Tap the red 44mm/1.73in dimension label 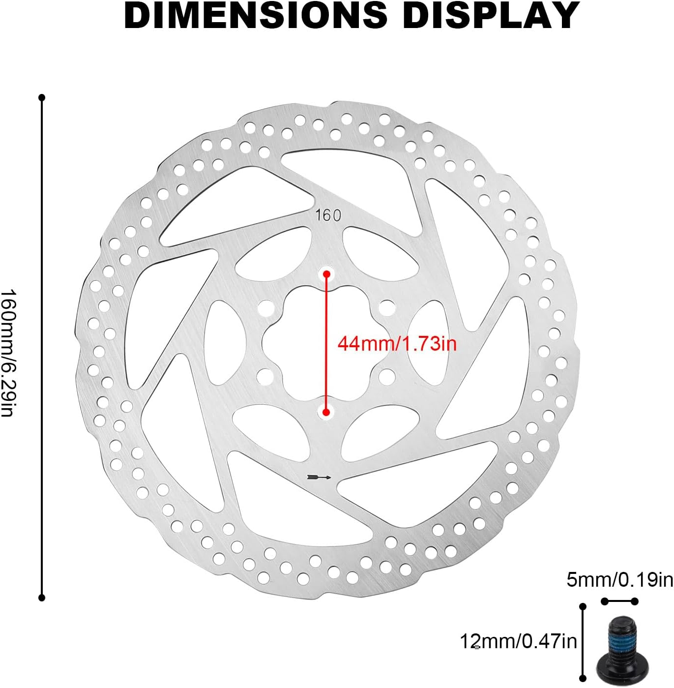coord(397,343)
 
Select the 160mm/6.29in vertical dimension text coord(8,353)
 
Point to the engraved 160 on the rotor coord(328,215)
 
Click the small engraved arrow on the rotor coord(319,477)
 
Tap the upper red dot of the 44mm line coord(326,274)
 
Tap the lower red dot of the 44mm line coord(326,413)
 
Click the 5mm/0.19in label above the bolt coord(620,580)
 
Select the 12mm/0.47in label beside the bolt coord(518,641)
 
